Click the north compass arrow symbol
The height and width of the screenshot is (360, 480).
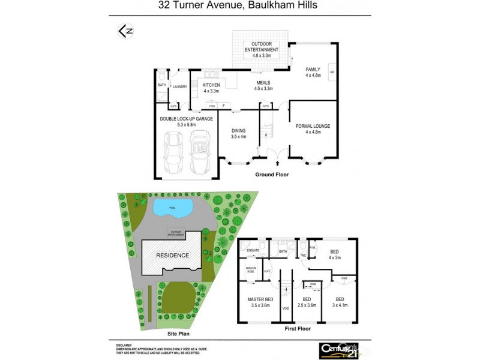pyautogui.click(x=125, y=31)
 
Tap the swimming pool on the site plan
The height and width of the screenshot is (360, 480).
pyautogui.click(x=173, y=208)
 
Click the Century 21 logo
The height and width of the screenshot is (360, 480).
pyautogui.click(x=337, y=349)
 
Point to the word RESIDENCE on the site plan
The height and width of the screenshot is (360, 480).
pyautogui.click(x=173, y=255)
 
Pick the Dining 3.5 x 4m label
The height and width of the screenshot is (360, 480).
pyautogui.click(x=239, y=133)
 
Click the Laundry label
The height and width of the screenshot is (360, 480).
pyautogui.click(x=180, y=87)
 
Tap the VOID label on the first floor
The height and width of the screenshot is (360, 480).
pyautogui.click(x=285, y=310)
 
